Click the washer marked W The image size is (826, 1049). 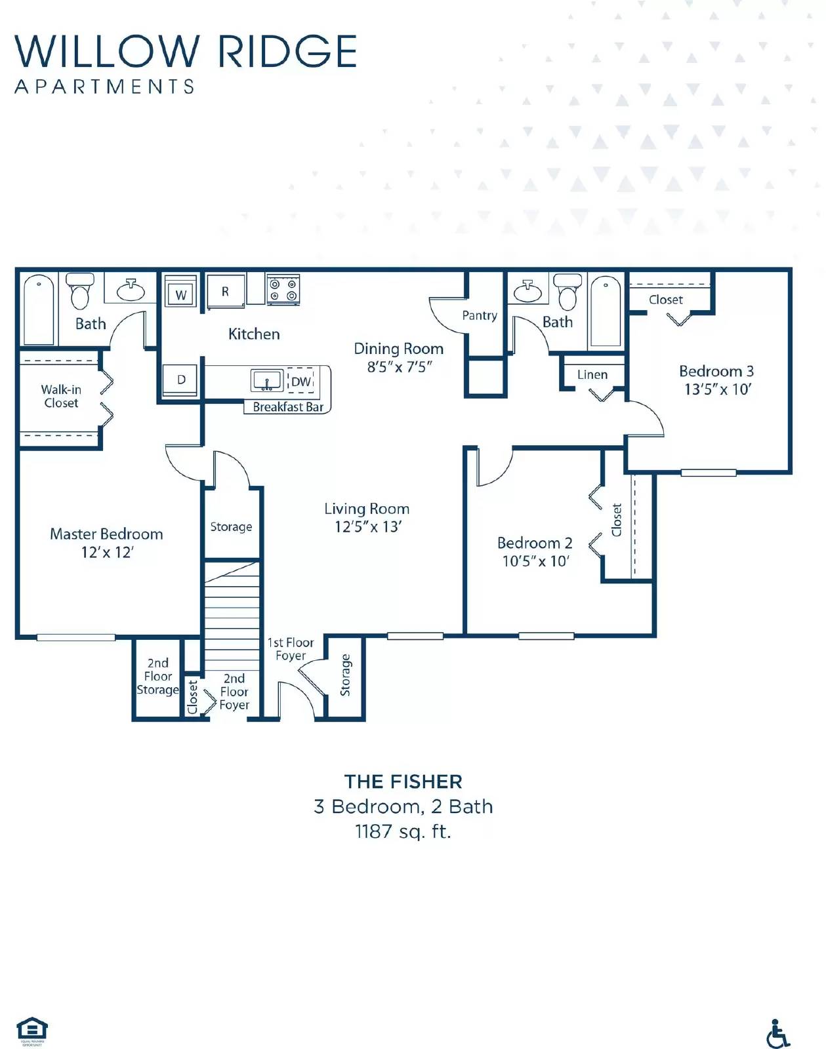coord(180,294)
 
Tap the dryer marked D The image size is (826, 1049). coord(181,380)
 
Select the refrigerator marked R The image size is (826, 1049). coord(225,292)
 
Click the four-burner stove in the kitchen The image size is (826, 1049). coord(283,290)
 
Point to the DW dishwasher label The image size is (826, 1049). coord(300,382)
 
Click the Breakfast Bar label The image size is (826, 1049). coord(288,407)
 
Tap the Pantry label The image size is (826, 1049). coord(480,315)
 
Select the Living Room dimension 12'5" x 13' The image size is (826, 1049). coord(367,526)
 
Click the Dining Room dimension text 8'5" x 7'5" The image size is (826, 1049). coord(399,367)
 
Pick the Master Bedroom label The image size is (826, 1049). coord(106,534)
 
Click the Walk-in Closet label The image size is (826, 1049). coord(61,396)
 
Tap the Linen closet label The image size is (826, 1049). coord(592,374)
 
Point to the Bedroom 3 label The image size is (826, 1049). coord(716,371)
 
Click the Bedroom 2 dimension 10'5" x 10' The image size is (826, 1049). coord(535,561)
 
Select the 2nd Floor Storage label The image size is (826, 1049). coord(157,676)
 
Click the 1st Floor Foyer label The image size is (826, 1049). coord(291,649)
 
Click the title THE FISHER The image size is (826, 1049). coord(403,782)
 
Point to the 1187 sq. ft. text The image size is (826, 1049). coord(403,831)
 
